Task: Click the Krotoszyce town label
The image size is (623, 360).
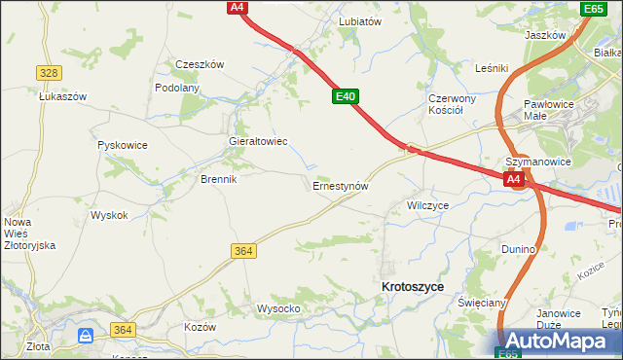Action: click(414, 287)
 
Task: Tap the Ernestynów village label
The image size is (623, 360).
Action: click(340, 185)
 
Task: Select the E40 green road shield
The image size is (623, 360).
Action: click(346, 96)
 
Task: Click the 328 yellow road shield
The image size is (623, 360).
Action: click(49, 73)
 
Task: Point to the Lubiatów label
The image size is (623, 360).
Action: click(359, 20)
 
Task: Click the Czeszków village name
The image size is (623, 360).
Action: click(200, 64)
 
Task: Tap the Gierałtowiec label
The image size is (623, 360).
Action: click(257, 141)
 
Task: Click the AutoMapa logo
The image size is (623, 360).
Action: click(560, 342)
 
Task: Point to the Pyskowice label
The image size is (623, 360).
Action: click(123, 145)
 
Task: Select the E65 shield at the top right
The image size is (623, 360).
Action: click(593, 9)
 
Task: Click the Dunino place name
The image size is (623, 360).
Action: click(519, 249)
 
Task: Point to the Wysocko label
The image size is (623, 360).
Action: click(277, 308)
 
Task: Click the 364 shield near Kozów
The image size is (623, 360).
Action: click(122, 331)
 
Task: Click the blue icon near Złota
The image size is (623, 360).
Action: click(86, 336)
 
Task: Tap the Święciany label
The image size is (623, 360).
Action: click(483, 303)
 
